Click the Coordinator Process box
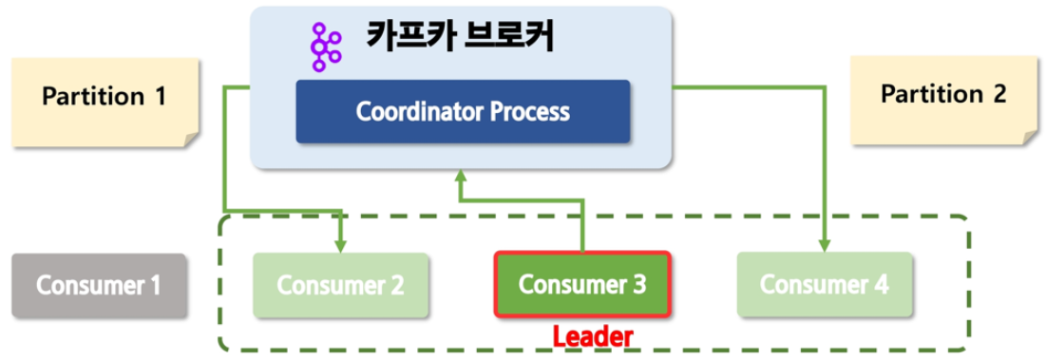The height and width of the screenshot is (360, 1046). click(x=463, y=111)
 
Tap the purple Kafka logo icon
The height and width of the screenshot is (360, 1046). click(x=326, y=47)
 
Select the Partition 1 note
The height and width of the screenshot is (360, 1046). click(x=105, y=102)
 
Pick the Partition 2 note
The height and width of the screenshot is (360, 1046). click(x=943, y=100)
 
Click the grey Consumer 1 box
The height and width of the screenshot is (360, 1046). click(x=99, y=285)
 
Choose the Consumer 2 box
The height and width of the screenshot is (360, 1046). click(x=340, y=285)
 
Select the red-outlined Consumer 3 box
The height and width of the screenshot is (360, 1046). click(x=581, y=285)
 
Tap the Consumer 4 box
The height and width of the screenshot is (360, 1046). click(x=825, y=285)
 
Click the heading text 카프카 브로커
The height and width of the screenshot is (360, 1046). click(x=460, y=38)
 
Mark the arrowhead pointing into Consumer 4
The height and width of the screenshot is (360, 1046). click(x=825, y=245)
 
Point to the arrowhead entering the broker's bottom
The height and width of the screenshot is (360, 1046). click(x=460, y=176)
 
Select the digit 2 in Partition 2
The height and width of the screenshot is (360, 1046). click(x=998, y=95)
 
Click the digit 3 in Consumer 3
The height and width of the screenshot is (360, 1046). click(x=639, y=285)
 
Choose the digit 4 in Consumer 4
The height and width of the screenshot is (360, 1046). click(x=882, y=285)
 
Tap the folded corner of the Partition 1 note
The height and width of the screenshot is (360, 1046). click(x=192, y=140)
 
